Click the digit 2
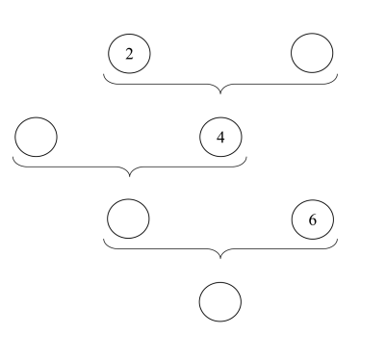129,54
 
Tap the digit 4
220,138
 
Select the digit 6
313,219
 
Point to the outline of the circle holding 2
108,54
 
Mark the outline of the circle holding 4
200,137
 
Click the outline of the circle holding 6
292,219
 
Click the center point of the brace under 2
220,93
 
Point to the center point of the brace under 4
129,176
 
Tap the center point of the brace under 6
220,258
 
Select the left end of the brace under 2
103,74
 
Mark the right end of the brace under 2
338,74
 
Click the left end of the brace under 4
13,157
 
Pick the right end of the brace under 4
246,157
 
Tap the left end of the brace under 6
103,239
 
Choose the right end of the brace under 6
338,239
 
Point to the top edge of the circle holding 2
129,34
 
